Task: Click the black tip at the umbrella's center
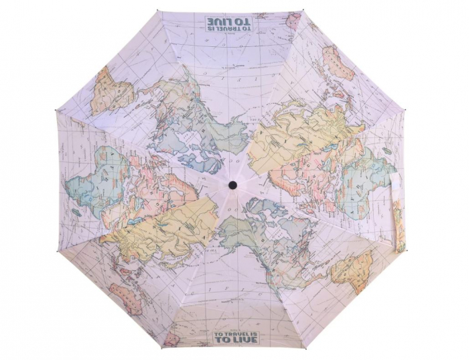pyautogui.click(x=232, y=184)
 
